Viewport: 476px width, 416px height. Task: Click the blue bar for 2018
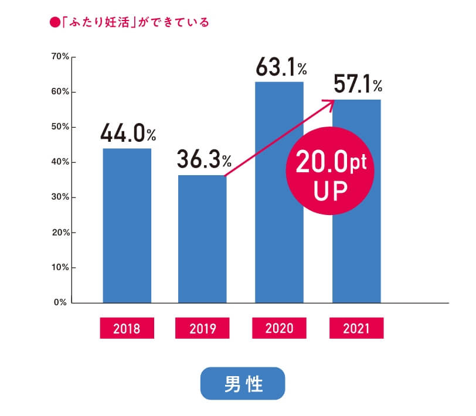[127, 226]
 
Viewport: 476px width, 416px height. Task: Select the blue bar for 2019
[202, 239]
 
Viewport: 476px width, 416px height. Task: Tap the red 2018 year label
[127, 328]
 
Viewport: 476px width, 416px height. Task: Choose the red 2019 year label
[203, 328]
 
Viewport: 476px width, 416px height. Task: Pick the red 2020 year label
[279, 328]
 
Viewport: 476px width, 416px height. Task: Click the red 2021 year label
[356, 328]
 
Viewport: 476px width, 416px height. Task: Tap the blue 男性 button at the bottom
[243, 384]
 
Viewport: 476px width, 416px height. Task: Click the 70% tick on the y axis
[61, 57]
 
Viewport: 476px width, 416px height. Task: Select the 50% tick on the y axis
[61, 127]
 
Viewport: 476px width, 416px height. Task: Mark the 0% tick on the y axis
[61, 303]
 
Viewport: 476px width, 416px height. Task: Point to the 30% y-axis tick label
[61, 197]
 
